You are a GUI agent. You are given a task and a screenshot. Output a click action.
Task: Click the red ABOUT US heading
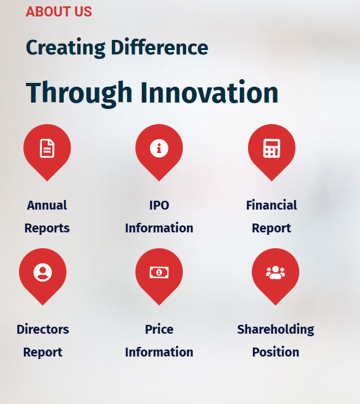59,11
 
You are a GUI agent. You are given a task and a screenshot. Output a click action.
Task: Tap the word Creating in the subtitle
66,48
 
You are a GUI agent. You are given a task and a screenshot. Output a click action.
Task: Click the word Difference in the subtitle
159,47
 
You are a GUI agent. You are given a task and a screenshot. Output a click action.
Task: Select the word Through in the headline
79,93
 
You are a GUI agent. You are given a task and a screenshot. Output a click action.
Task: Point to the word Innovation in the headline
209,92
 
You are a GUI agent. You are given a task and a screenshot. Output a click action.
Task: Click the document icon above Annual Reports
47,148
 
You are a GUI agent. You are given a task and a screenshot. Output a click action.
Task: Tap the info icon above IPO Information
159,148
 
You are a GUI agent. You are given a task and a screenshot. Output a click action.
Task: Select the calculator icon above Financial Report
271,148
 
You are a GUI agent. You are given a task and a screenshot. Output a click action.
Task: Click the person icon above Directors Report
43,272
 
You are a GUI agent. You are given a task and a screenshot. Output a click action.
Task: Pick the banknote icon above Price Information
159,272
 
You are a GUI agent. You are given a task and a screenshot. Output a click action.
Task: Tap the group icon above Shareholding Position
276,272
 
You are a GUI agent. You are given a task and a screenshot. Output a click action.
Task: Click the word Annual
47,205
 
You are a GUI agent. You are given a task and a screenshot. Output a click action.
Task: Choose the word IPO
159,206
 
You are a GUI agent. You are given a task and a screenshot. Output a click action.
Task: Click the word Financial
271,205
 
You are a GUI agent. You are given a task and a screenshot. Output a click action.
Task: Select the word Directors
43,329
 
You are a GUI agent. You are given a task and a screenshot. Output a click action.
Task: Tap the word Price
159,329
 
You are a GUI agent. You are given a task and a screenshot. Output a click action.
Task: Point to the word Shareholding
276,330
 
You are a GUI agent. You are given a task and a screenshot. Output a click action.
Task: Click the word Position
276,352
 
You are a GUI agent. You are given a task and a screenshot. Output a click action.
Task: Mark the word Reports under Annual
47,229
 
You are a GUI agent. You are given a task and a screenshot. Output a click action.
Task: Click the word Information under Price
159,352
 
